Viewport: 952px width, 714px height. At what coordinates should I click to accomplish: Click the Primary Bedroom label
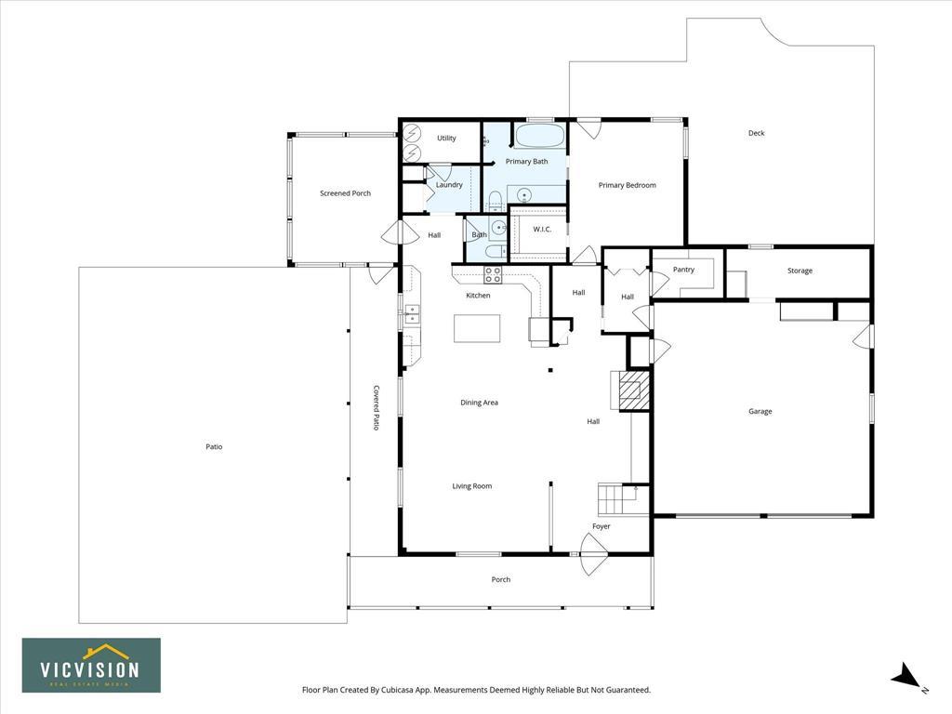(628, 185)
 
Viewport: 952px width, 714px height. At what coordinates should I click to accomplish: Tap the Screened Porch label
(346, 193)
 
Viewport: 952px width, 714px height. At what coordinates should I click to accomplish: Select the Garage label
(760, 411)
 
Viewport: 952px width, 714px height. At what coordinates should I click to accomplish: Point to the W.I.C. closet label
(542, 229)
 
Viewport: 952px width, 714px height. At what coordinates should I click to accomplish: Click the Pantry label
(683, 270)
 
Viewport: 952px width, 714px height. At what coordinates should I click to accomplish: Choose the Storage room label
(800, 271)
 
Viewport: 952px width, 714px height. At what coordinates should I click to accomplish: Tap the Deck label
(757, 133)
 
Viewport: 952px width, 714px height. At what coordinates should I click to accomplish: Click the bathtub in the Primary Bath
(539, 135)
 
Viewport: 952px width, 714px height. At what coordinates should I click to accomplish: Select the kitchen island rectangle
(477, 328)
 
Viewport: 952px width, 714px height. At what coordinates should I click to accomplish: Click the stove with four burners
(493, 275)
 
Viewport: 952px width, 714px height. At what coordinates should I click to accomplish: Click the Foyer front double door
(594, 554)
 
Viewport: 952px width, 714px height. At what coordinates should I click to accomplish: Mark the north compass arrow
(905, 676)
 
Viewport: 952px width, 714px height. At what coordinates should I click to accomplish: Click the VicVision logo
(92, 665)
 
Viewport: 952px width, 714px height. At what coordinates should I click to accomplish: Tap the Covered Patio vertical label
(376, 407)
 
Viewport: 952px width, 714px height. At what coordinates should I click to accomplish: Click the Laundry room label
(449, 185)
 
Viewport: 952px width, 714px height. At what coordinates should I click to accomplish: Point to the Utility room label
(446, 138)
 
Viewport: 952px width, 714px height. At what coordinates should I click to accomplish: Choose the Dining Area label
(479, 403)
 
